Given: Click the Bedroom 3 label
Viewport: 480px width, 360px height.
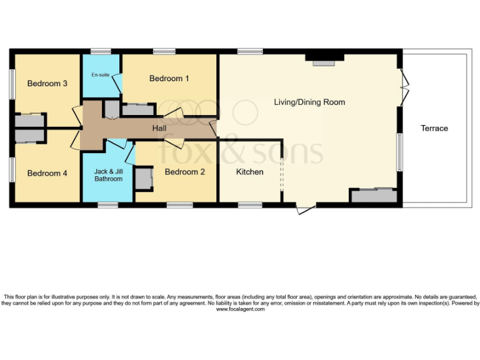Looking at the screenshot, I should [47, 84].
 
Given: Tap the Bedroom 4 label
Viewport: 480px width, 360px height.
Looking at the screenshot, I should [47, 173].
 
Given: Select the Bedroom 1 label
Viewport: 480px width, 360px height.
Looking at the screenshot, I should [169, 78].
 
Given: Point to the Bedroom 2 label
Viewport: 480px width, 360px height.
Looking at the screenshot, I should [184, 171].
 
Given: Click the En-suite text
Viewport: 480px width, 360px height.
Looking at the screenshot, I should [100, 75].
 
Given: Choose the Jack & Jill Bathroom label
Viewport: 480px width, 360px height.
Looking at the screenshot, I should [108, 175].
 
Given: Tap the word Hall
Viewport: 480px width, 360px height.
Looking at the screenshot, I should [160, 128].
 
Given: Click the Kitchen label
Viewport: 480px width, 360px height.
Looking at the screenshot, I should [249, 171].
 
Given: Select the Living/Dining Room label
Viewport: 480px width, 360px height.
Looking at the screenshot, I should [309, 102].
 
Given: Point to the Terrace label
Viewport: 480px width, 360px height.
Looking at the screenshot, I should [434, 128].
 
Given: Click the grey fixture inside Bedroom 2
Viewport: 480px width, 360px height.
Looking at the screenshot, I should [144, 178].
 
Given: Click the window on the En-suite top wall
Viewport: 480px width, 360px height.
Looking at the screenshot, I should [101, 51].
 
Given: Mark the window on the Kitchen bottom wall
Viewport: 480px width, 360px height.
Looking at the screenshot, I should [250, 204].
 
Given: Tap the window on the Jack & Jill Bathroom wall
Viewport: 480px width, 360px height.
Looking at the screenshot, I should [107, 204].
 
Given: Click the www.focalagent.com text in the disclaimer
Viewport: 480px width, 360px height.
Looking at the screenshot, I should [240, 309].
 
